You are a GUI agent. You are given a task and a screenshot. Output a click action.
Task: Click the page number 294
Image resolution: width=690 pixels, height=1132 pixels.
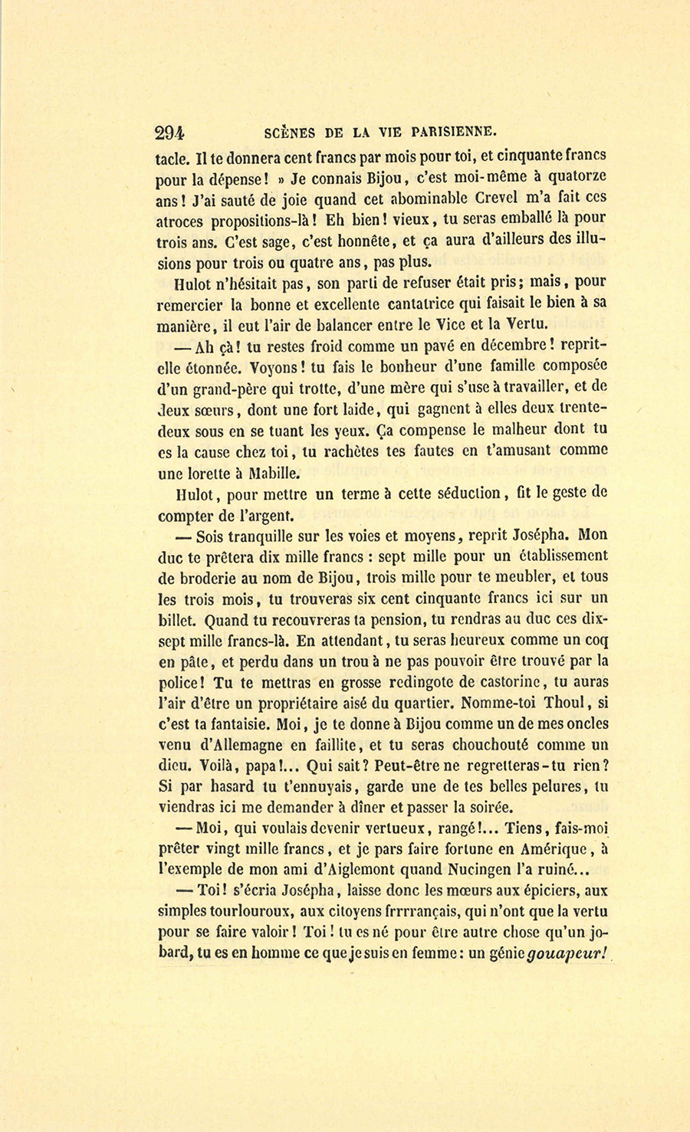click(169, 132)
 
